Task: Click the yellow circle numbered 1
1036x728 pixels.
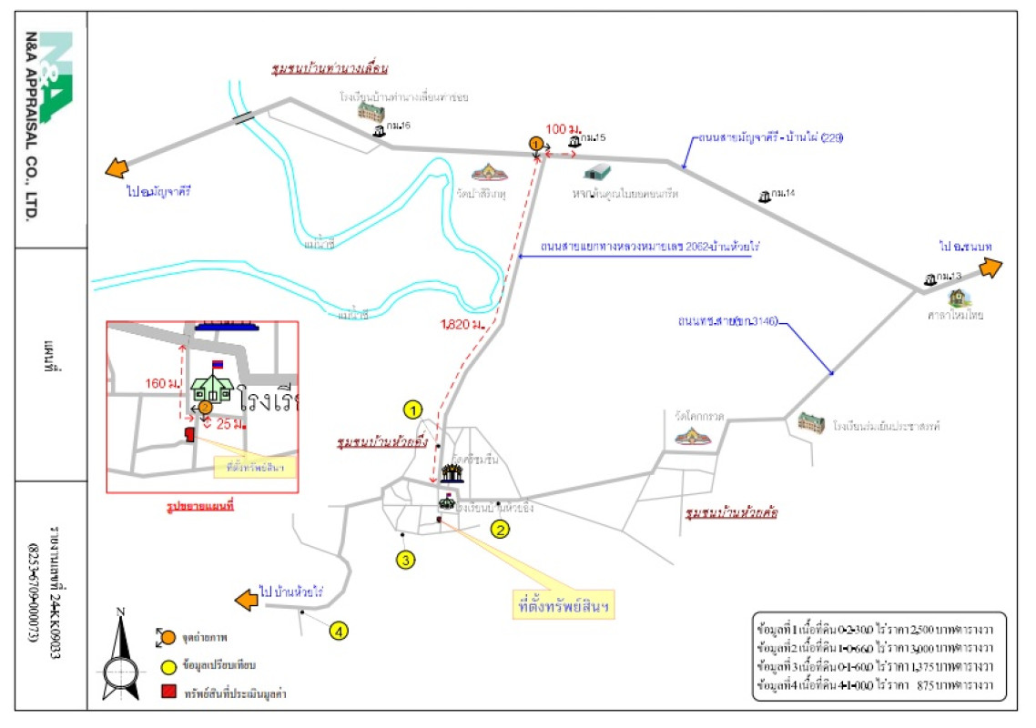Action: click(x=414, y=409)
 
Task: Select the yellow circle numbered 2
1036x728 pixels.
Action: click(x=499, y=528)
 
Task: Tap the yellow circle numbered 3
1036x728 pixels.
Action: click(x=406, y=560)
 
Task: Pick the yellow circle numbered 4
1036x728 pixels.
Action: click(x=339, y=630)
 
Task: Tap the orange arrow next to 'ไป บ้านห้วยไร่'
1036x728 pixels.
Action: click(x=245, y=601)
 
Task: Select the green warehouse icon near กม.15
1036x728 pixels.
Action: click(x=597, y=172)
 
